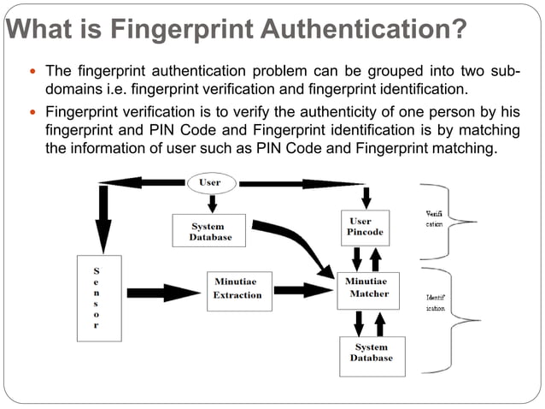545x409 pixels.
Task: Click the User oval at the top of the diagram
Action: coord(209,182)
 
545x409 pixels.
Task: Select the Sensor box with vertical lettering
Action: coord(96,297)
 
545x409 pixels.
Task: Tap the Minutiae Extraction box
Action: coord(238,287)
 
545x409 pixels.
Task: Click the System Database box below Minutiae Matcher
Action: coord(372,353)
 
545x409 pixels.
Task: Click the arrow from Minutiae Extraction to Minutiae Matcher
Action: coord(302,290)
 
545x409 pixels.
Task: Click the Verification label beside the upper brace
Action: coord(434,218)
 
